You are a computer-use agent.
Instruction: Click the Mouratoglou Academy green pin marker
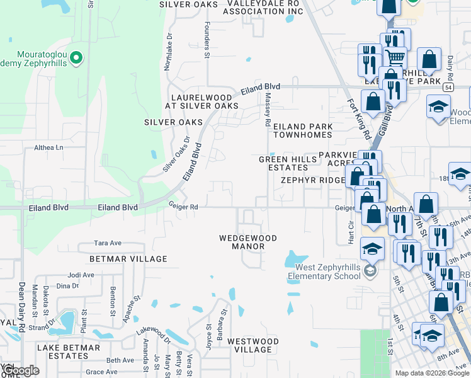[76, 59]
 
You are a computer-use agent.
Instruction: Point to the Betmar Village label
[128, 259]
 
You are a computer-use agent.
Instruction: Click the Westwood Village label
[253, 345]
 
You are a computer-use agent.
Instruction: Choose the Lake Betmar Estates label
[69, 352]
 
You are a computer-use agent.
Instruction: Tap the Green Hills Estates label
[283, 163]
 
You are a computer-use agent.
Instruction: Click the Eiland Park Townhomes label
[302, 130]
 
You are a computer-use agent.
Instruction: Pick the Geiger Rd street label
[183, 205]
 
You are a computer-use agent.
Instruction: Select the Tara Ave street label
[107, 243]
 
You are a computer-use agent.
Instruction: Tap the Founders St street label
[207, 42]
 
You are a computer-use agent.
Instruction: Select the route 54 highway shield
[447, 87]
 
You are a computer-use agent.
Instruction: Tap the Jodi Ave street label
[81, 275]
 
